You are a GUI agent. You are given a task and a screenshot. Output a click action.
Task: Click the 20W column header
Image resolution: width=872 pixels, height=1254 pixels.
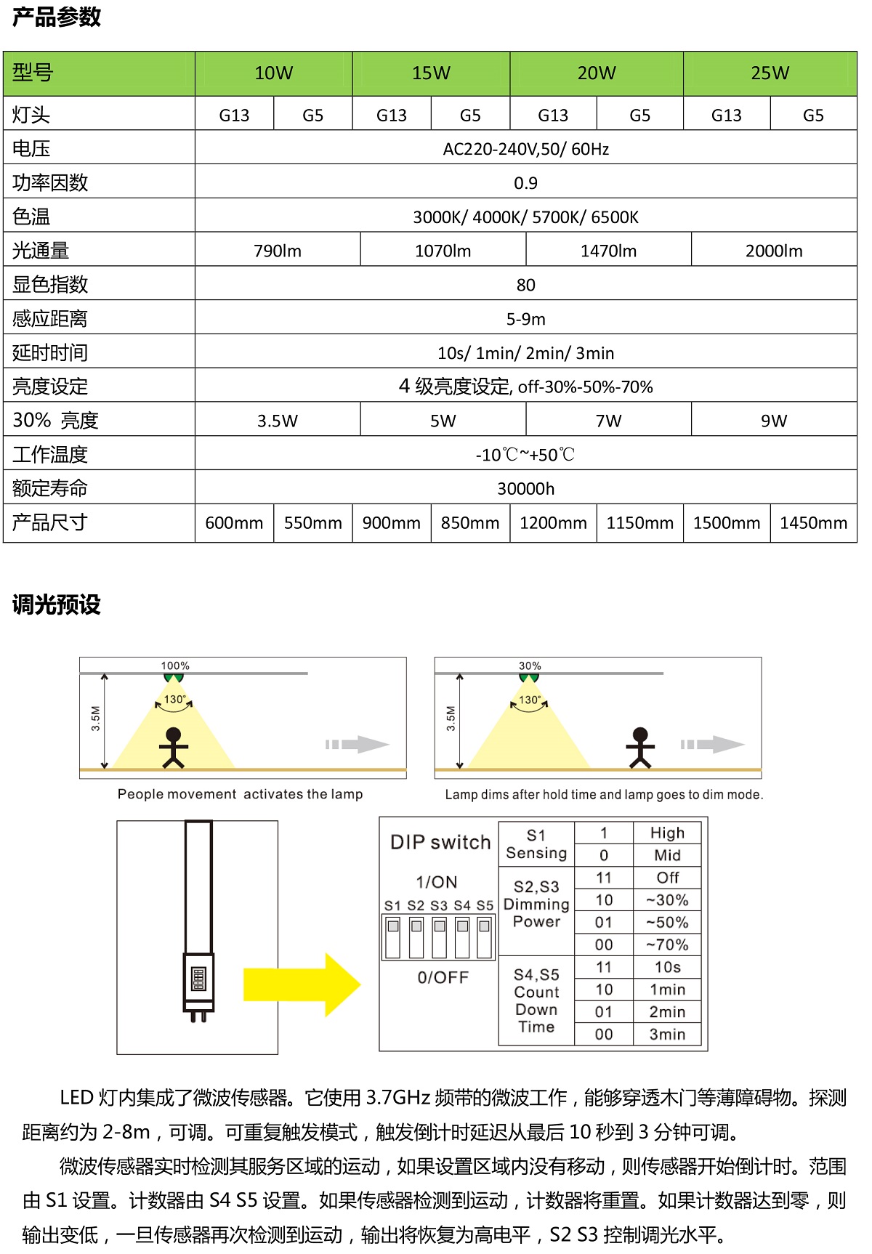pyautogui.click(x=597, y=73)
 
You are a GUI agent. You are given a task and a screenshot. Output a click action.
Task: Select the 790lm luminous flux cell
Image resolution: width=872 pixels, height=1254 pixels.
pyautogui.click(x=278, y=251)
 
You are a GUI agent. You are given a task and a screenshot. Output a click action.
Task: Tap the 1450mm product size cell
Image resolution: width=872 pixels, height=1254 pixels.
pyautogui.click(x=813, y=523)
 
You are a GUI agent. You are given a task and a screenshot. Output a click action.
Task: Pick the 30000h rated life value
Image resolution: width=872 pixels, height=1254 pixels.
pyautogui.click(x=525, y=489)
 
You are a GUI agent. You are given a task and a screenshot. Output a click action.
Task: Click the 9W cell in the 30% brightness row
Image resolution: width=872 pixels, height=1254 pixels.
pyautogui.click(x=774, y=421)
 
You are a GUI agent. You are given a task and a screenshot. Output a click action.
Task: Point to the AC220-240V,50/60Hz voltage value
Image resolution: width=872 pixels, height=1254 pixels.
pyautogui.click(x=525, y=150)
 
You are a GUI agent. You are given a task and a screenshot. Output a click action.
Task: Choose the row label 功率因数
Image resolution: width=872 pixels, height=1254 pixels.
pyautogui.click(x=50, y=183)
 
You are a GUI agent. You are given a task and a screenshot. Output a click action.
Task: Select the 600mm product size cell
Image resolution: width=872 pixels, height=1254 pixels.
pyautogui.click(x=234, y=523)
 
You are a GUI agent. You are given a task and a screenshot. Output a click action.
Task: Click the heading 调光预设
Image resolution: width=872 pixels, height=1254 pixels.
pyautogui.click(x=57, y=604)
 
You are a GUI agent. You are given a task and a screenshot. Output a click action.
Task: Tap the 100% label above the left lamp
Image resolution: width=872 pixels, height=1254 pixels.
pyautogui.click(x=175, y=666)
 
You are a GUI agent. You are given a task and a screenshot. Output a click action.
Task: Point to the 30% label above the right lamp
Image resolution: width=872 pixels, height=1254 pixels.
pyautogui.click(x=530, y=666)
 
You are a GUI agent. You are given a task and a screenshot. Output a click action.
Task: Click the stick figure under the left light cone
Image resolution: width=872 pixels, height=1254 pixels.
pyautogui.click(x=173, y=748)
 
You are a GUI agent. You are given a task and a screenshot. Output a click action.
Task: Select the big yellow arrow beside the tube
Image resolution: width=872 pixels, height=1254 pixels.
pyautogui.click(x=302, y=984)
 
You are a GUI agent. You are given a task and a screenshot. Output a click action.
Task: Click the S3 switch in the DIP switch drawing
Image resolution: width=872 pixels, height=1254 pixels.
pyautogui.click(x=440, y=937)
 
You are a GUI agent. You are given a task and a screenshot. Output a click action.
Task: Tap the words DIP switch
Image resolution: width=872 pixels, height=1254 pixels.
pyautogui.click(x=440, y=842)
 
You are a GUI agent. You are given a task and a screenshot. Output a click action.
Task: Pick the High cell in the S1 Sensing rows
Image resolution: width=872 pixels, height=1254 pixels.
pyautogui.click(x=667, y=833)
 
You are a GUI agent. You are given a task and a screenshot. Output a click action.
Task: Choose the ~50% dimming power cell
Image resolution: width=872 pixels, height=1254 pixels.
pyautogui.click(x=667, y=923)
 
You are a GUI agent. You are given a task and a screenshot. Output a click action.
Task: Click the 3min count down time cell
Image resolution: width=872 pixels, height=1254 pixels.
pyautogui.click(x=667, y=1034)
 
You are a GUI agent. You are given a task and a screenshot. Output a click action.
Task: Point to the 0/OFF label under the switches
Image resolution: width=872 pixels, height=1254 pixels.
pyautogui.click(x=443, y=978)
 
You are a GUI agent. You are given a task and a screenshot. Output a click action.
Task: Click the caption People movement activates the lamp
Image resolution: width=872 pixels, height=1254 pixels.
pyautogui.click(x=240, y=794)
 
